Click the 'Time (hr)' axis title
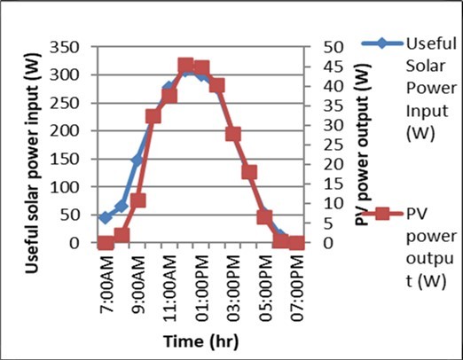(200, 340)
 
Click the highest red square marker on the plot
(185, 66)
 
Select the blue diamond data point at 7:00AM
(106, 217)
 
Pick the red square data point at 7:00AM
(106, 243)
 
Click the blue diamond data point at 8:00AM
(122, 206)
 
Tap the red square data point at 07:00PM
(296, 243)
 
